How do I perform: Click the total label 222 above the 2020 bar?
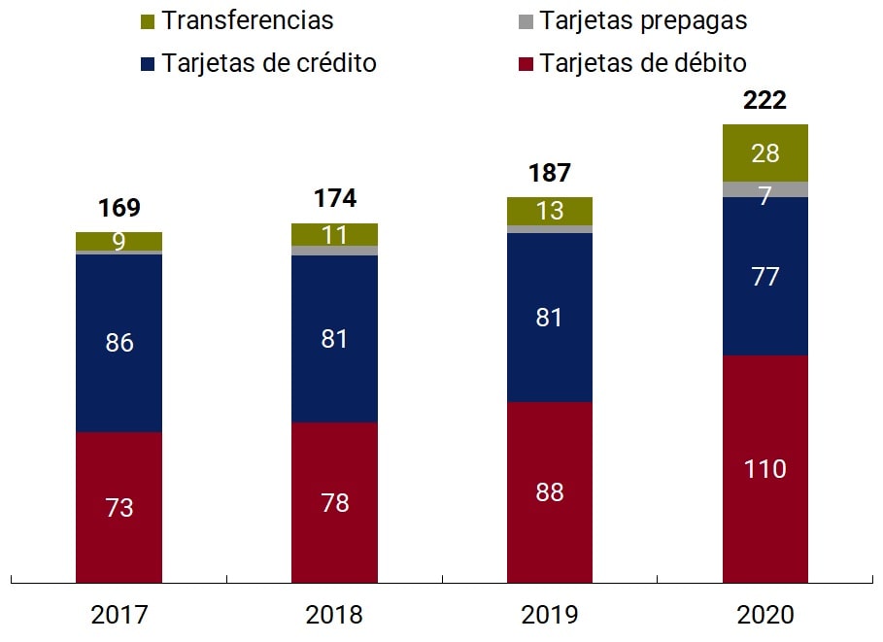[x=764, y=101]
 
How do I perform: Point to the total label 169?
[x=119, y=208]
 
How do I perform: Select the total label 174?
[x=335, y=199]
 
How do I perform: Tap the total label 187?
[x=550, y=174]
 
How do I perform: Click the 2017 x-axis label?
[x=119, y=615]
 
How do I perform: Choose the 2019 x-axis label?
[x=550, y=615]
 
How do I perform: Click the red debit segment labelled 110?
[x=764, y=469]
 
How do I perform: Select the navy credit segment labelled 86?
[x=119, y=343]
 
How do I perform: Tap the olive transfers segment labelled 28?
[x=764, y=152]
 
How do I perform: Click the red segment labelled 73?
[x=119, y=507]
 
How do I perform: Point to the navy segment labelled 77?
[x=764, y=277]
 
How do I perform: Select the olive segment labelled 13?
[x=550, y=211]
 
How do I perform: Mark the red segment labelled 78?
[x=335, y=502]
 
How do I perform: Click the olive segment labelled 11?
[x=335, y=234]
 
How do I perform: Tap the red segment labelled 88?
[x=550, y=492]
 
